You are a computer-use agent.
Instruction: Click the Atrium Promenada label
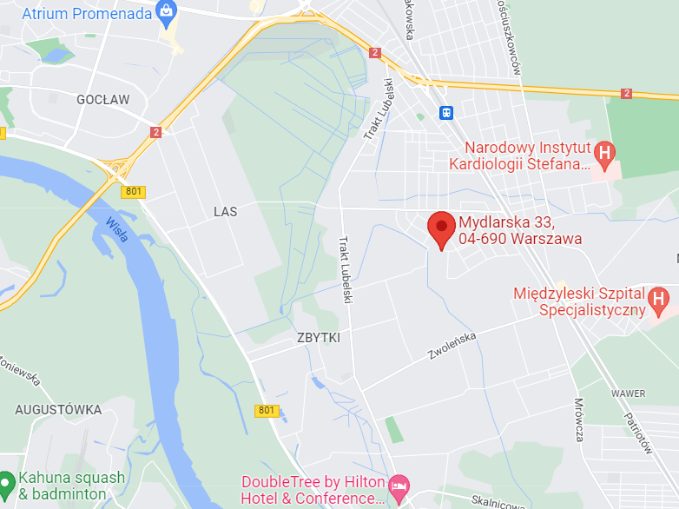tap(83, 13)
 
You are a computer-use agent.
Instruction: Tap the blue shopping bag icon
tap(165, 12)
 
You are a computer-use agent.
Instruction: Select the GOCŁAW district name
tap(102, 100)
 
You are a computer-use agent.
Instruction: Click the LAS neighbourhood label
tap(225, 211)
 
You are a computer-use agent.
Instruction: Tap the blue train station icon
tap(446, 112)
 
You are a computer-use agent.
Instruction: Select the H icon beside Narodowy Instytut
tap(606, 155)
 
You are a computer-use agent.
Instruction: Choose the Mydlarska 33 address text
tap(519, 230)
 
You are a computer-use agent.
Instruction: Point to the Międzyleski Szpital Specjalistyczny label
tap(578, 301)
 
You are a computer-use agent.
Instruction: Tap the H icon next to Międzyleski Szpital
tap(659, 301)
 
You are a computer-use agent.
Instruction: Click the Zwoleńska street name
tap(452, 348)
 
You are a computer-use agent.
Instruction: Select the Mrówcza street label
tap(579, 420)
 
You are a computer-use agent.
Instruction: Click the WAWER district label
tap(628, 393)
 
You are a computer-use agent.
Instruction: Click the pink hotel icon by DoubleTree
tap(399, 483)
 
